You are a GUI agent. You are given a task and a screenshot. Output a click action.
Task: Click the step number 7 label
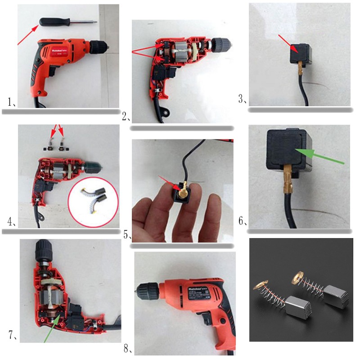[12, 335]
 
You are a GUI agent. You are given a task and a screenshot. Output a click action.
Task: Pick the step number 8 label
[128, 348]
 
